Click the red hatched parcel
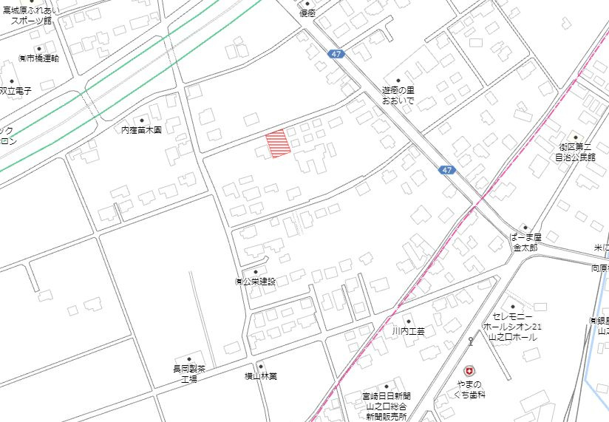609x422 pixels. tap(278, 143)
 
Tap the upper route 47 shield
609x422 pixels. tap(336, 55)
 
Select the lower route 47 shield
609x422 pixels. tap(446, 170)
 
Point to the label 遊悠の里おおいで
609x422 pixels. tap(398, 94)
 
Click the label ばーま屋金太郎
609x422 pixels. tap(525, 242)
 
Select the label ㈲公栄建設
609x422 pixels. tap(255, 282)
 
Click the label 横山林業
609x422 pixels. tap(260, 376)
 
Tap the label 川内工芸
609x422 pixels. tap(408, 331)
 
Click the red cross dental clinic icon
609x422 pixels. tap(468, 371)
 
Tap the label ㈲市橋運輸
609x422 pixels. tap(38, 58)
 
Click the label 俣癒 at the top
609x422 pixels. tap(307, 13)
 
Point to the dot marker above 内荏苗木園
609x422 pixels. tap(141, 119)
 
